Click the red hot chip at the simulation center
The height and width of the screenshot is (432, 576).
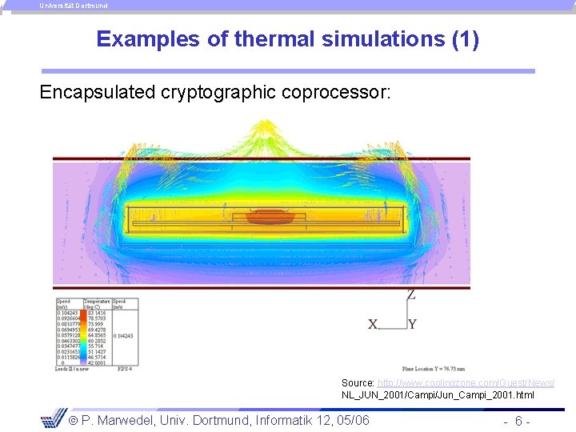pos(270,217)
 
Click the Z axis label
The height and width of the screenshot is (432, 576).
pos(410,294)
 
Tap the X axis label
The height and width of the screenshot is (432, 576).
pos(373,324)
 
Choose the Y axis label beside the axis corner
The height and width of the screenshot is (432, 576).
pos(411,324)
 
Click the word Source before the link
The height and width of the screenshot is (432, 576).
pos(357,383)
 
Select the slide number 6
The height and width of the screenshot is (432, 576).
pos(518,421)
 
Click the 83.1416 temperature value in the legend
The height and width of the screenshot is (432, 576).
pos(95,313)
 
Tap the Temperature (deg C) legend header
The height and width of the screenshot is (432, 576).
pos(95,304)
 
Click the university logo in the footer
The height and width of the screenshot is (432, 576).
pos(54,418)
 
